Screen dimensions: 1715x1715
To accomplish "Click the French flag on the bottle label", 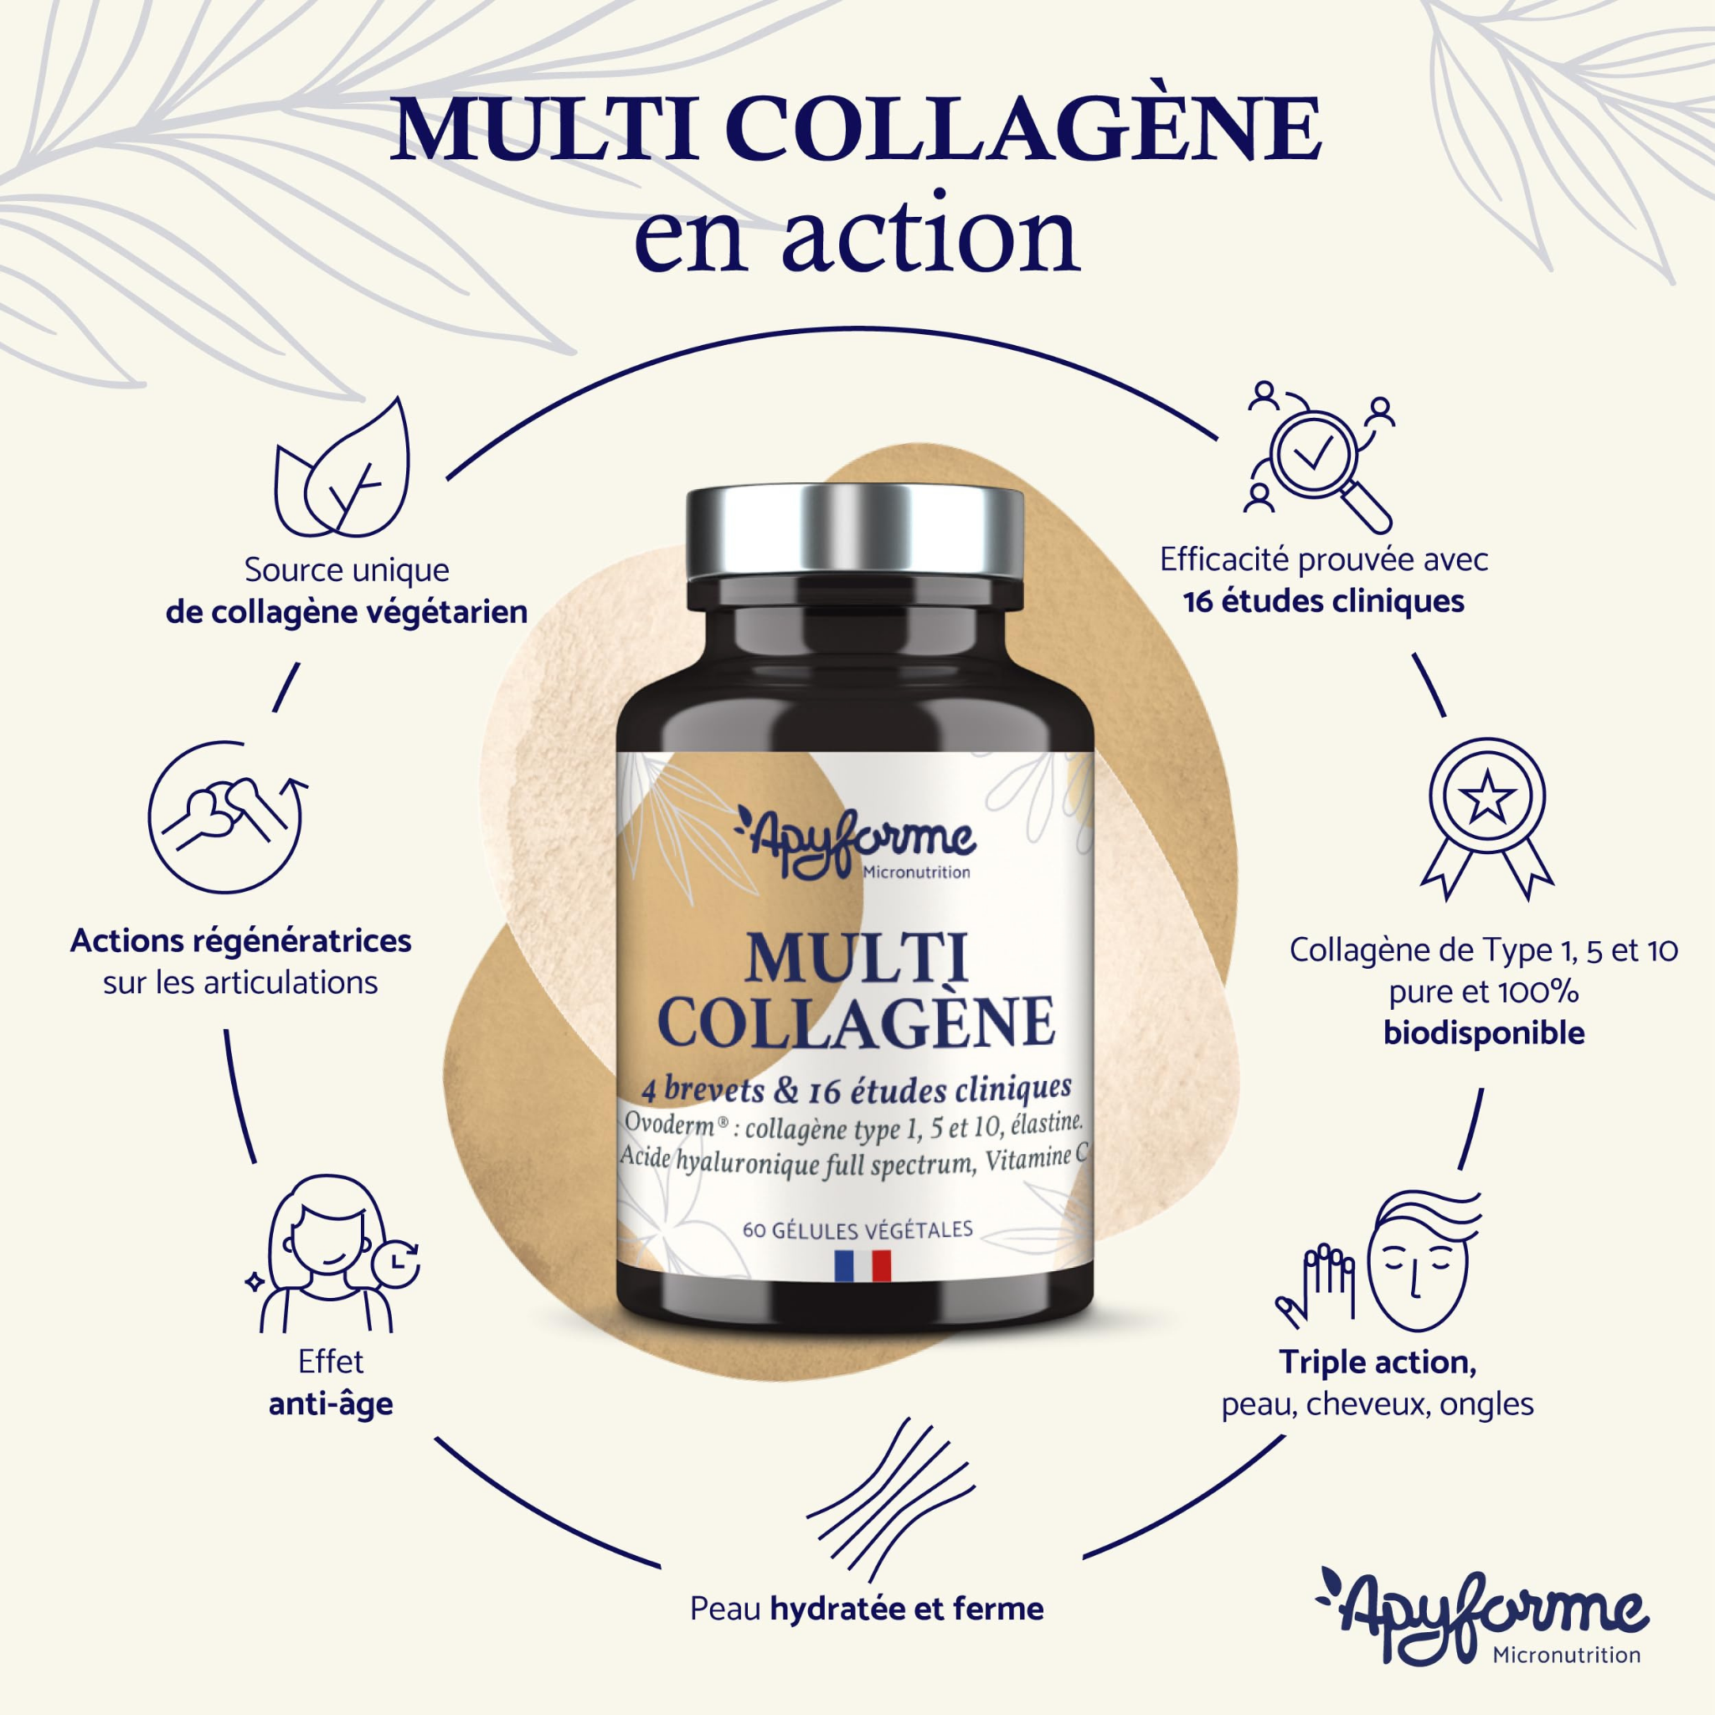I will (861, 1266).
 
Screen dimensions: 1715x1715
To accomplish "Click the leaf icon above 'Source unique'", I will (344, 471).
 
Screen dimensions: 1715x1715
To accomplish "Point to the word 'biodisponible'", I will (1483, 1033).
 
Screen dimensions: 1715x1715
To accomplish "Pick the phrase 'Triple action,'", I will (1378, 1362).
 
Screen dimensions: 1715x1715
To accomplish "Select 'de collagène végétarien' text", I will (346, 611).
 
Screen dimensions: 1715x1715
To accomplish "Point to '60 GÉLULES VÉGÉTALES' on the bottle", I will (857, 1229).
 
